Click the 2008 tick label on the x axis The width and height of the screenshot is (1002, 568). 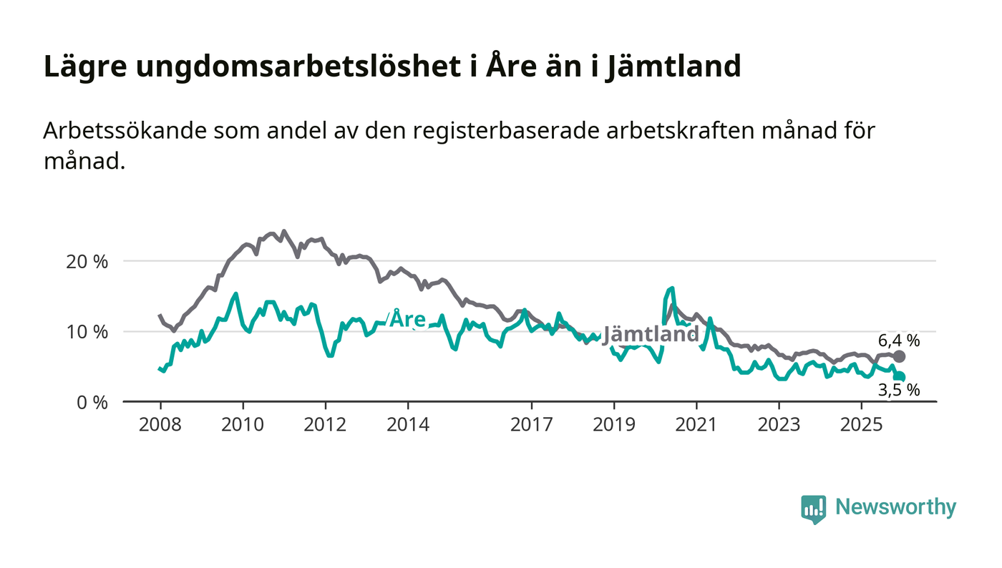click(x=160, y=424)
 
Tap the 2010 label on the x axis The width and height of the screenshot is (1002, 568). click(x=243, y=424)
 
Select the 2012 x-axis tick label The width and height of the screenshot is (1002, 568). click(x=325, y=424)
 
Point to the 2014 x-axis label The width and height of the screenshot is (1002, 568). click(x=408, y=424)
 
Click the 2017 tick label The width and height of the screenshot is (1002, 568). click(x=531, y=424)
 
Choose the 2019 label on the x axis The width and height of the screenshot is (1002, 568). click(x=614, y=424)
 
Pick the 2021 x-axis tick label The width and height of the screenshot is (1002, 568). click(x=696, y=424)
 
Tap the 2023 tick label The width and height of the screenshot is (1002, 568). click(x=779, y=424)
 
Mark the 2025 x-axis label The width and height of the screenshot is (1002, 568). click(x=862, y=424)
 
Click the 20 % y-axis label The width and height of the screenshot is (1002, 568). click(x=87, y=262)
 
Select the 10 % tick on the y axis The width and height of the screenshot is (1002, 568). click(x=87, y=332)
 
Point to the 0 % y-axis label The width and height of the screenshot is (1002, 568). click(x=92, y=403)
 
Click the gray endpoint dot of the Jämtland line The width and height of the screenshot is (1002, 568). click(x=900, y=356)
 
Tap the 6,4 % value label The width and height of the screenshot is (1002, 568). click(x=899, y=341)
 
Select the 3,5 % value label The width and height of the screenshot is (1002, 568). click(x=899, y=391)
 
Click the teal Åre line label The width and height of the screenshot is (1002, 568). click(x=408, y=319)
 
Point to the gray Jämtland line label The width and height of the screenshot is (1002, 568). click(x=651, y=334)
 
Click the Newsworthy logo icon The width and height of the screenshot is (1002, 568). click(x=813, y=509)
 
